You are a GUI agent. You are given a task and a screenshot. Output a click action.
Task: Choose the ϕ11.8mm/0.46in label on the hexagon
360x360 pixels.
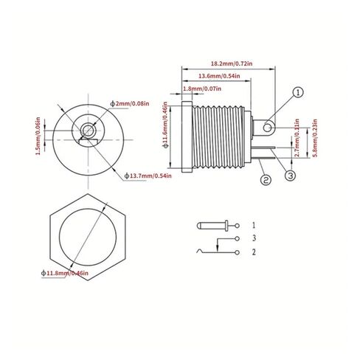pyautogui.click(x=65, y=274)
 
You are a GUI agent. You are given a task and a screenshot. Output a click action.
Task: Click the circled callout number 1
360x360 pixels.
pyautogui.click(x=297, y=93)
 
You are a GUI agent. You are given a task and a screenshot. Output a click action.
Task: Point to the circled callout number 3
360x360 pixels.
pyautogui.click(x=291, y=175)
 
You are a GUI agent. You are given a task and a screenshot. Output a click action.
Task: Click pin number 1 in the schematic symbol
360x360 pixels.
pyautogui.click(x=254, y=224)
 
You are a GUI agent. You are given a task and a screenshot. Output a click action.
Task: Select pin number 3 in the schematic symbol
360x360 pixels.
pyautogui.click(x=254, y=239)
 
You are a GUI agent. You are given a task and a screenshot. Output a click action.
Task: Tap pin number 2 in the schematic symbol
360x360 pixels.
pyautogui.click(x=254, y=252)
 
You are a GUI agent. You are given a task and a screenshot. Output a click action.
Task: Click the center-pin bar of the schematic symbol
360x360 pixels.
pyautogui.click(x=211, y=224)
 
